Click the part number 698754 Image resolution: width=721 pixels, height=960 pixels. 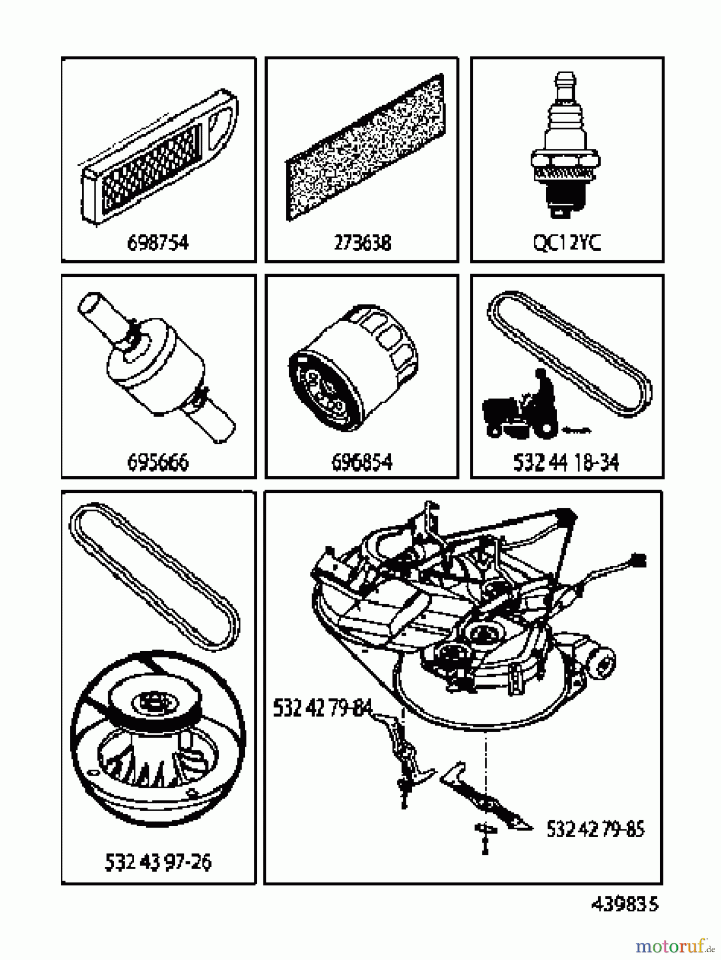[x=158, y=243]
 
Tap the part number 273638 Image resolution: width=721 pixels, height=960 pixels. [x=362, y=243]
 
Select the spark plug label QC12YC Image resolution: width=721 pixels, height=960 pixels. [x=566, y=243]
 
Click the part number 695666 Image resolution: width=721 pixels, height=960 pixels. [x=158, y=462]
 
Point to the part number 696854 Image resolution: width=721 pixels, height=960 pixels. [x=362, y=462]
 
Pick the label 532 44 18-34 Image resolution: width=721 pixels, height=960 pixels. [x=566, y=462]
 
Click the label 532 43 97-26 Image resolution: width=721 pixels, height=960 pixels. [x=158, y=862]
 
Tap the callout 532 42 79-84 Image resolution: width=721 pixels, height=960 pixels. [x=322, y=708]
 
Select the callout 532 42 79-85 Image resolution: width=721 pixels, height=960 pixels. [x=595, y=829]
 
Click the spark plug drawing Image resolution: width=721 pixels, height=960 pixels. [x=565, y=149]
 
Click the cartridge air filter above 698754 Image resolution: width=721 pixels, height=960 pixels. [x=158, y=163]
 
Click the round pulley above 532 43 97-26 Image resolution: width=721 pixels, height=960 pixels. [x=158, y=741]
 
